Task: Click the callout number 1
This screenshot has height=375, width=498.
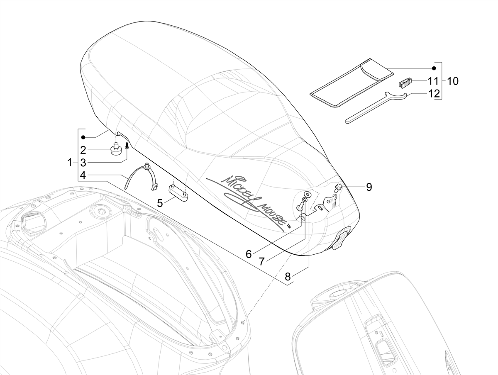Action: (70, 163)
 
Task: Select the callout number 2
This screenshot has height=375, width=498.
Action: (83, 150)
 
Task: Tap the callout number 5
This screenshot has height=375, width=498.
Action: (160, 203)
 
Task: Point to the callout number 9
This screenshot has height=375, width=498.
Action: (369, 187)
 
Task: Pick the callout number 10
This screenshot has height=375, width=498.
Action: (453, 81)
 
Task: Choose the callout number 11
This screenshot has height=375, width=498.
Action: (434, 81)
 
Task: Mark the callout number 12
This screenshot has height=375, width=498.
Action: (434, 93)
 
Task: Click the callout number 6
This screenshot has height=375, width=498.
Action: (249, 254)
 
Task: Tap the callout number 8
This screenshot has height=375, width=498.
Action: (288, 277)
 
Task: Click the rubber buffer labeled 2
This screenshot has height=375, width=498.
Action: (116, 148)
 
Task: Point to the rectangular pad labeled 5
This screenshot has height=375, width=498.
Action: (179, 192)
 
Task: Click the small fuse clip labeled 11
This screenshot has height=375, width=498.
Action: (405, 83)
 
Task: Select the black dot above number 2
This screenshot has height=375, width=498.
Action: (83, 137)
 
